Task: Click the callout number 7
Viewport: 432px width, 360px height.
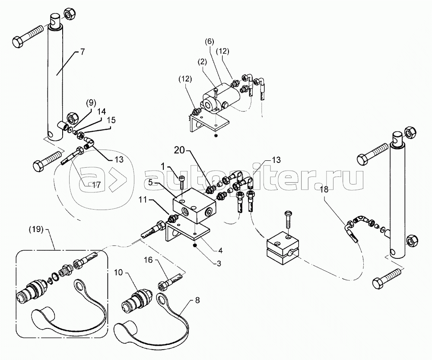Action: click(83, 51)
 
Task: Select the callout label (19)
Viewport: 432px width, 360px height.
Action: click(35, 229)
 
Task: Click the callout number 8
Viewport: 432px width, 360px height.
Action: click(197, 300)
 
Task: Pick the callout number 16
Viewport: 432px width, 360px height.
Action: click(148, 260)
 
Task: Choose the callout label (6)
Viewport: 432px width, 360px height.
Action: click(209, 41)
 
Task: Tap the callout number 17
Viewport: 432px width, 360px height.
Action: click(96, 185)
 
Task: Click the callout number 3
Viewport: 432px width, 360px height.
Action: click(219, 264)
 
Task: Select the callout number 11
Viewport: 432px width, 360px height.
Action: click(143, 200)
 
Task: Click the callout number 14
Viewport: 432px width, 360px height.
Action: click(102, 112)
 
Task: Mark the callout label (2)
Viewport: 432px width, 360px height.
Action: click(203, 62)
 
